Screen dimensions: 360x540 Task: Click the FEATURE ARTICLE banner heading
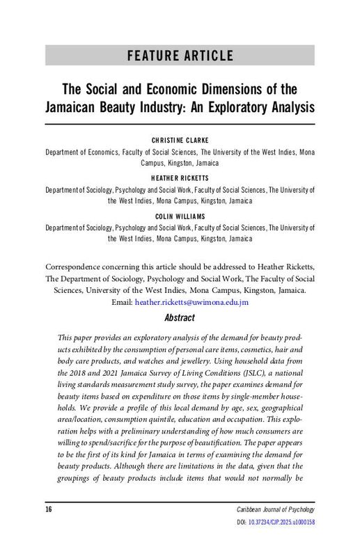click(x=180, y=55)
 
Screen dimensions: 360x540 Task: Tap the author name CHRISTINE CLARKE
click(x=180, y=139)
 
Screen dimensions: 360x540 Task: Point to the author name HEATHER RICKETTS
click(x=180, y=178)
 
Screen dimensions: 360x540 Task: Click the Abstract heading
click(x=180, y=317)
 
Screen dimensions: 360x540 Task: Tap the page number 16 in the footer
click(x=49, y=509)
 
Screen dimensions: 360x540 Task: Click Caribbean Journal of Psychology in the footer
click(x=274, y=510)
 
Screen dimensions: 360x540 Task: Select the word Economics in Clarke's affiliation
click(x=100, y=150)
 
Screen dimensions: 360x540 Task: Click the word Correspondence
click(x=75, y=267)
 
